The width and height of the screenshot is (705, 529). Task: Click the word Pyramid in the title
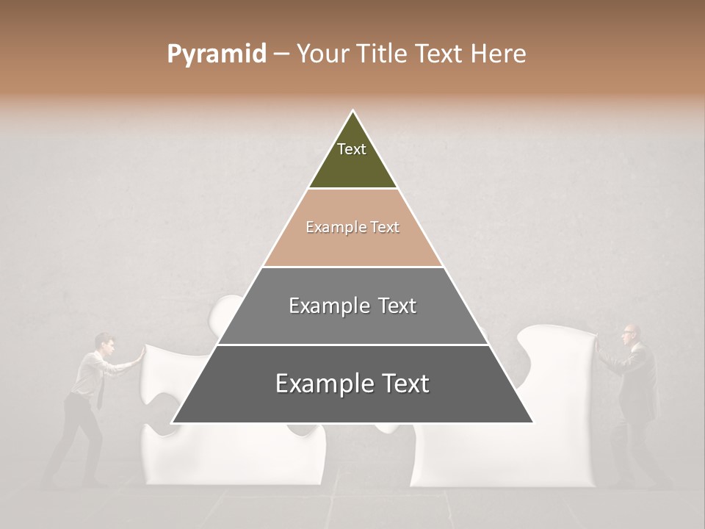point(216,54)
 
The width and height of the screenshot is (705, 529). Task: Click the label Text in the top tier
point(352,149)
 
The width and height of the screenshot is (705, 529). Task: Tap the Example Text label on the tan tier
point(352,227)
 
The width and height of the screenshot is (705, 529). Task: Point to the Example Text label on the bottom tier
point(352,384)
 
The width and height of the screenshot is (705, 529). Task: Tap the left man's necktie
point(99,392)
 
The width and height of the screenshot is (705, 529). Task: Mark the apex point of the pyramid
point(353,111)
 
